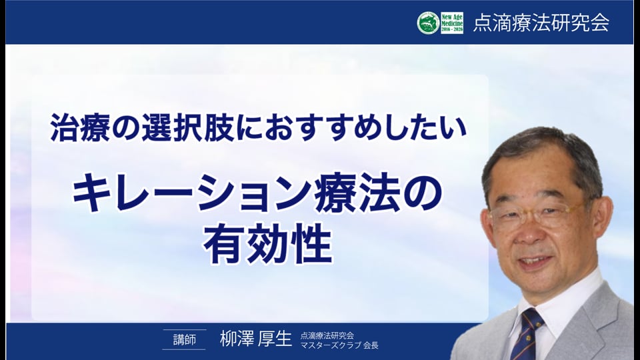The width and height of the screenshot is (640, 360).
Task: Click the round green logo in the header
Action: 428,23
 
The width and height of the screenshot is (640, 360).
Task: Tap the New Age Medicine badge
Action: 452,23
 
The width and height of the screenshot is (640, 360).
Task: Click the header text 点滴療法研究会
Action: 541,23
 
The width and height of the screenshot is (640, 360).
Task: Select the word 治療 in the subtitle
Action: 79,128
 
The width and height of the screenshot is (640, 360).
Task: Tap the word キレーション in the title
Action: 192,193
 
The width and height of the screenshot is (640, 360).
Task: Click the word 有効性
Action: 268,243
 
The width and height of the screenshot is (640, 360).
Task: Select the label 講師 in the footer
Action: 185,339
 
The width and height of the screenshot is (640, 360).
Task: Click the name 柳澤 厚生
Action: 256,339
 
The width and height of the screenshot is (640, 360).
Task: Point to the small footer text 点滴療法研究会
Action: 327,335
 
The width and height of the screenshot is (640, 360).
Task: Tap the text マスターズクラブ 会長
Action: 339,345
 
